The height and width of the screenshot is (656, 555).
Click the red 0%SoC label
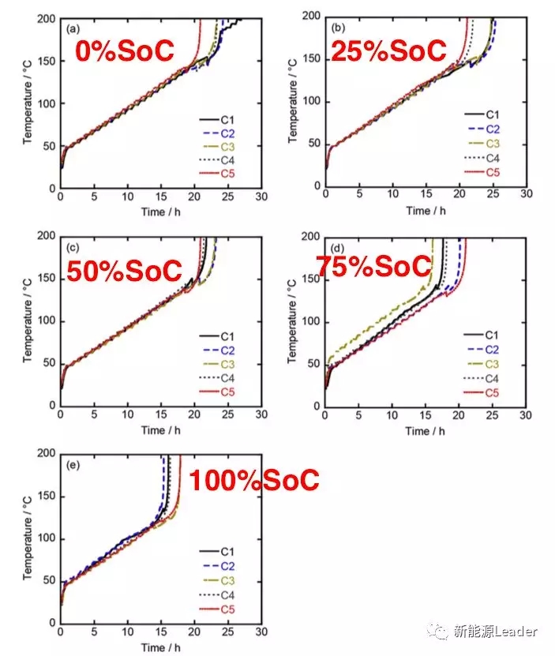pyautogui.click(x=124, y=51)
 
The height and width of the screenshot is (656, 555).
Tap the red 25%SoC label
pyautogui.click(x=388, y=51)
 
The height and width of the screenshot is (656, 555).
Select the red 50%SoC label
pyautogui.click(x=124, y=271)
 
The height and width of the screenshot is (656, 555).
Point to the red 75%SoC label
pyautogui.click(x=373, y=266)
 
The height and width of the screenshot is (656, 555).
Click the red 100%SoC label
pyautogui.click(x=252, y=480)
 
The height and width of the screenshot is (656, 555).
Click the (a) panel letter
pyautogui.click(x=73, y=29)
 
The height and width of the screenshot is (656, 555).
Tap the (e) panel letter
pyautogui.click(x=73, y=465)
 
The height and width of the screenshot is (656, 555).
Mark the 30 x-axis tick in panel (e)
pyautogui.click(x=261, y=632)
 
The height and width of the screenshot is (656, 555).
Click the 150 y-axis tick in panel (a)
pyautogui.click(x=46, y=62)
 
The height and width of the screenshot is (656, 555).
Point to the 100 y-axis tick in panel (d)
pyautogui.click(x=313, y=321)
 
